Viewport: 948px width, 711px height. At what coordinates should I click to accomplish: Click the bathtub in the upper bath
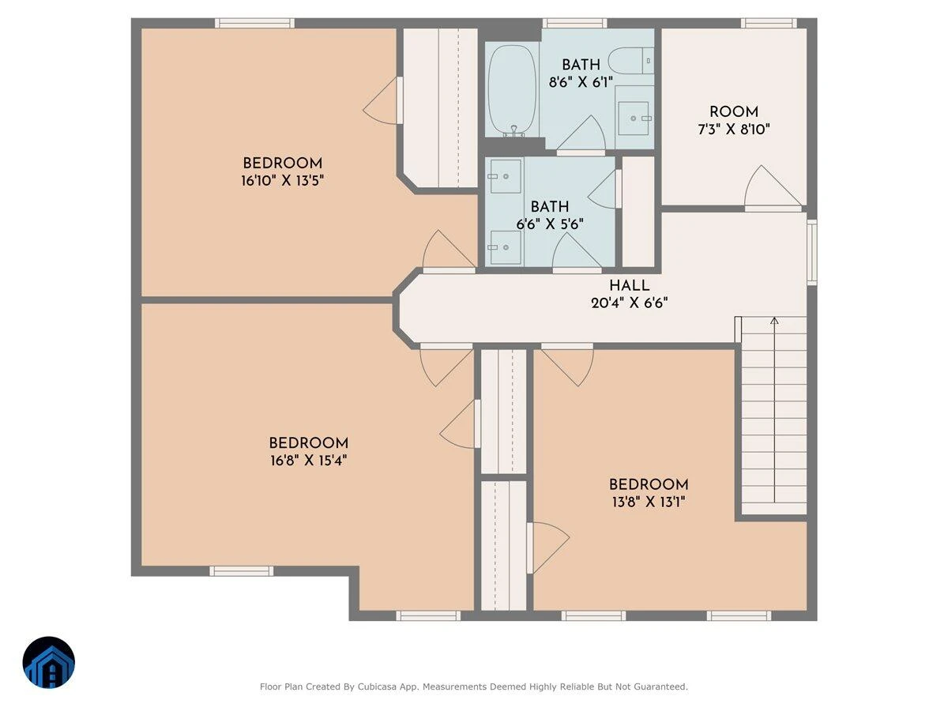512,91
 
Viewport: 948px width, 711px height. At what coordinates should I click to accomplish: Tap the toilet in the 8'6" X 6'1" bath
630,61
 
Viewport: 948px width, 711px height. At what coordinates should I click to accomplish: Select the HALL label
630,286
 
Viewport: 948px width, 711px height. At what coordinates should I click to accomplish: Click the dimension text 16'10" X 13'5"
283,180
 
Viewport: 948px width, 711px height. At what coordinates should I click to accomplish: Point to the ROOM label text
734,112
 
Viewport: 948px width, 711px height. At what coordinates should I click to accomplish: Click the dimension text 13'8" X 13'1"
649,502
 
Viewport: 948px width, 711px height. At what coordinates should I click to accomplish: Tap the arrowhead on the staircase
774,321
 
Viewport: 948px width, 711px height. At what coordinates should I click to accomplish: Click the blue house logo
49,662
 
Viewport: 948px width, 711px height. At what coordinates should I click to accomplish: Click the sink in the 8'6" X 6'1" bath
634,118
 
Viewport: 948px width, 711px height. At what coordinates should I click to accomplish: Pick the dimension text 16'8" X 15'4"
308,461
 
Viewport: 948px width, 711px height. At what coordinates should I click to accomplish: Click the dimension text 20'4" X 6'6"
630,303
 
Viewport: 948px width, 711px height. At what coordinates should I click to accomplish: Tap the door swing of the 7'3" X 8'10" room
773,186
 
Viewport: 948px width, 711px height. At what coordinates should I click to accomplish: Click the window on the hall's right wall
812,252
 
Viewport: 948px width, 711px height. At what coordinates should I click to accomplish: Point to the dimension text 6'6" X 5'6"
550,224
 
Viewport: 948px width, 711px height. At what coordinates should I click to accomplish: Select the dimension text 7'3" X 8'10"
734,129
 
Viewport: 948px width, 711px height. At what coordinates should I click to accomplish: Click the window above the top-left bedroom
255,24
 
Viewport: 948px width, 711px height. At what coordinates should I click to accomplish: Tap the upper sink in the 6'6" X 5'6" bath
506,176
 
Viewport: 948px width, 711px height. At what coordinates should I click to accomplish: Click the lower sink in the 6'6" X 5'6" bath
506,247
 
